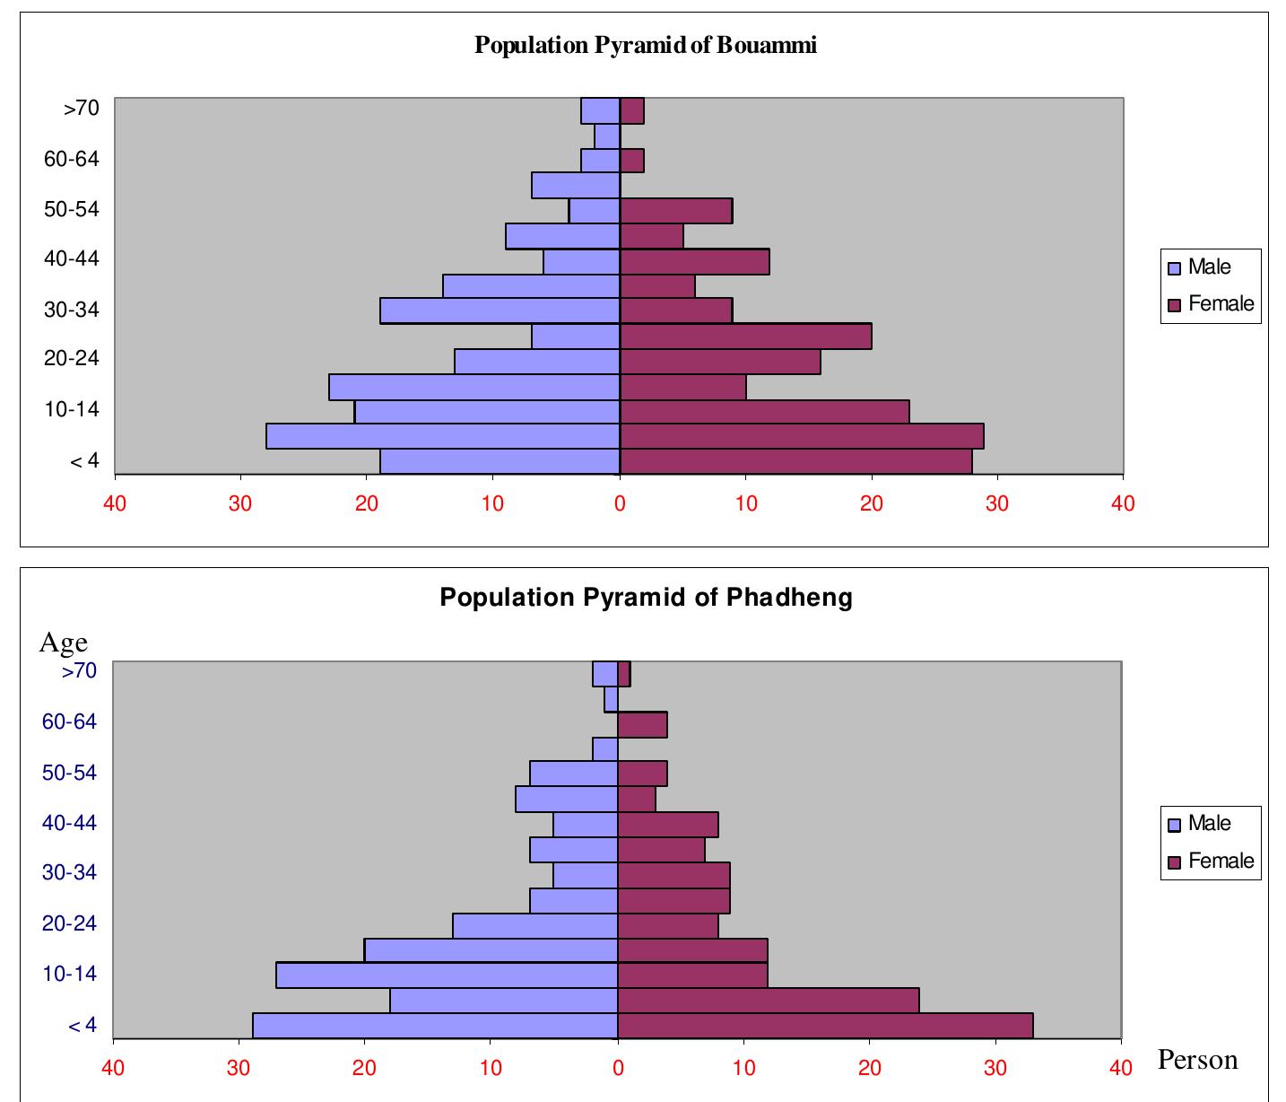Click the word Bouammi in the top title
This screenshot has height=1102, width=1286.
pos(767,45)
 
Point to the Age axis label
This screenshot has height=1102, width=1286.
pos(63,643)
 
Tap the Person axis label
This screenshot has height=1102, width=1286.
pos(1197,1060)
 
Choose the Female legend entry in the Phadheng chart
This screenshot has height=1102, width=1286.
pos(1211,861)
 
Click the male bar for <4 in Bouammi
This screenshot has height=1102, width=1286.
pos(500,461)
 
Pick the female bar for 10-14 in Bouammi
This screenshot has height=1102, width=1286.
pos(764,412)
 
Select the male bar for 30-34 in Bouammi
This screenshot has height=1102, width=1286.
pos(500,310)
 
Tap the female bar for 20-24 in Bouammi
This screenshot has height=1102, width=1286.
pos(720,362)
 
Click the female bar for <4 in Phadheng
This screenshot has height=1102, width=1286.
pos(825,1026)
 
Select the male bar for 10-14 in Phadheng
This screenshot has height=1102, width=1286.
pos(447,975)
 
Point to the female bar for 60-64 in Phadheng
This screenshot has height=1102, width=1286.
pos(642,724)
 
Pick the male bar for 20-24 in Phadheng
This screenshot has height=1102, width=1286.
pos(535,925)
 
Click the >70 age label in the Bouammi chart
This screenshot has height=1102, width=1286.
pos(81,109)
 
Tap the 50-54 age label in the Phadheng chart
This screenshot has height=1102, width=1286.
pos(69,773)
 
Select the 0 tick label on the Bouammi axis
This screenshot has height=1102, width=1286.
pos(620,503)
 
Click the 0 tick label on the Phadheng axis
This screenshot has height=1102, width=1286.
pos(618,1068)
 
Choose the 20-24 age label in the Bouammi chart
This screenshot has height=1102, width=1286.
pos(72,359)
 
